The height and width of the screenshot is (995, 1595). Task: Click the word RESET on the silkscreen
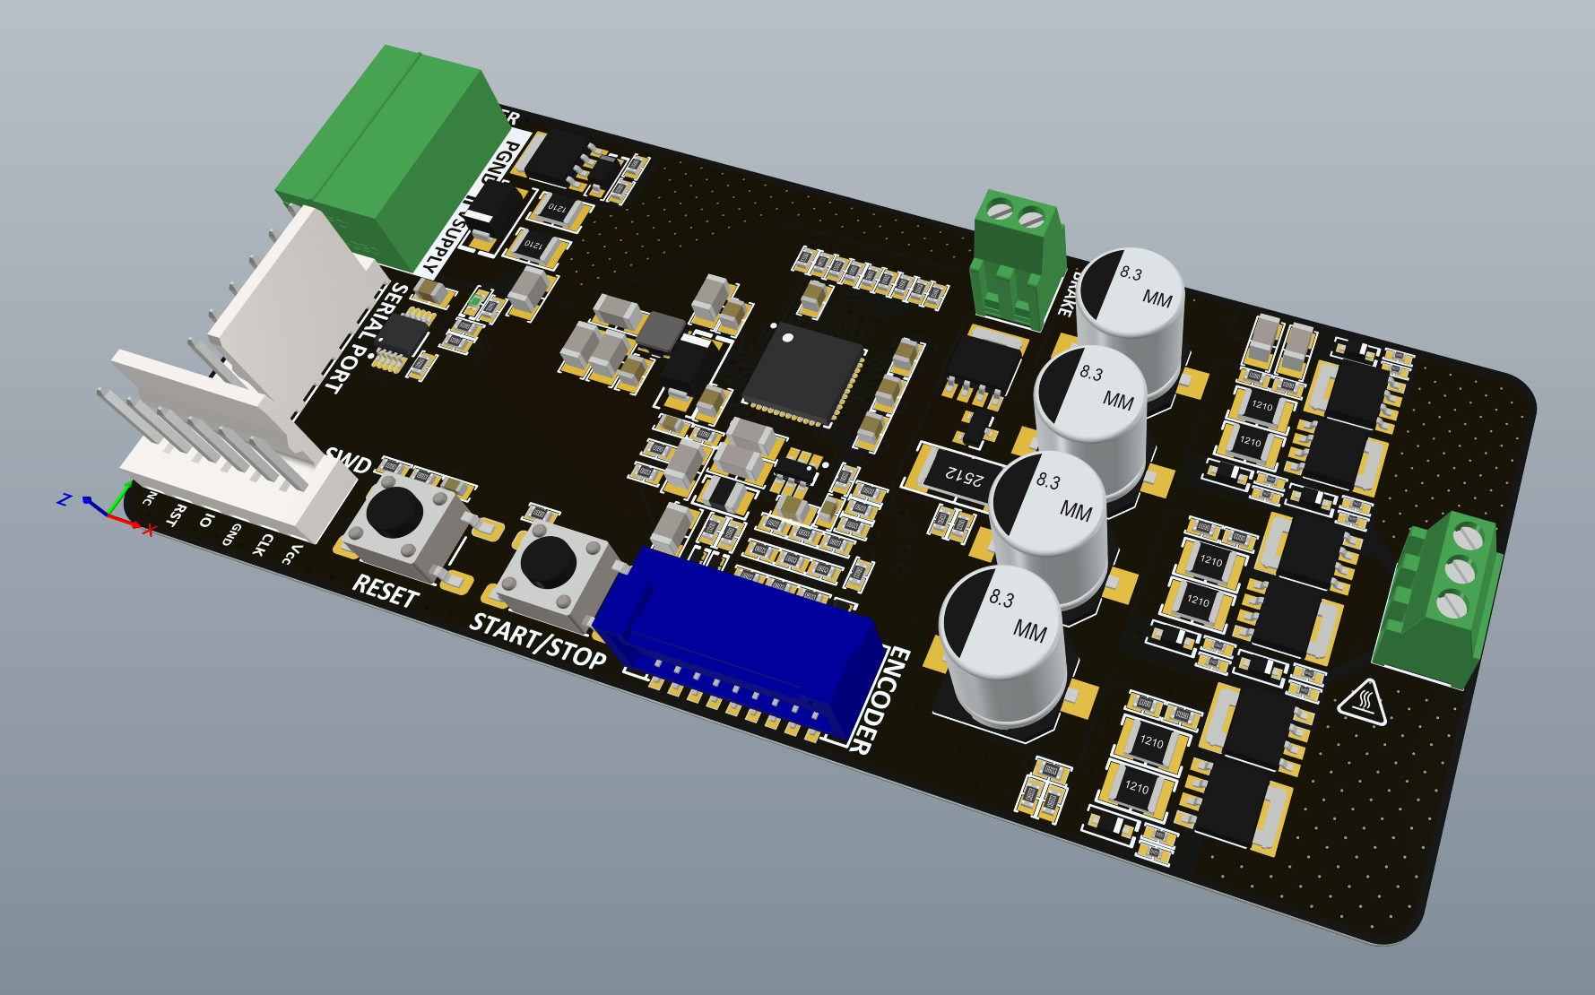pyautogui.click(x=386, y=591)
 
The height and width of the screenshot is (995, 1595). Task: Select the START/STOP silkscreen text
pyautogui.click(x=538, y=640)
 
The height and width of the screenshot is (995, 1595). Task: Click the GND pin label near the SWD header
pyautogui.click(x=231, y=534)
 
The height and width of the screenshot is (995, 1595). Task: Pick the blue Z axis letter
pyautogui.click(x=64, y=499)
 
